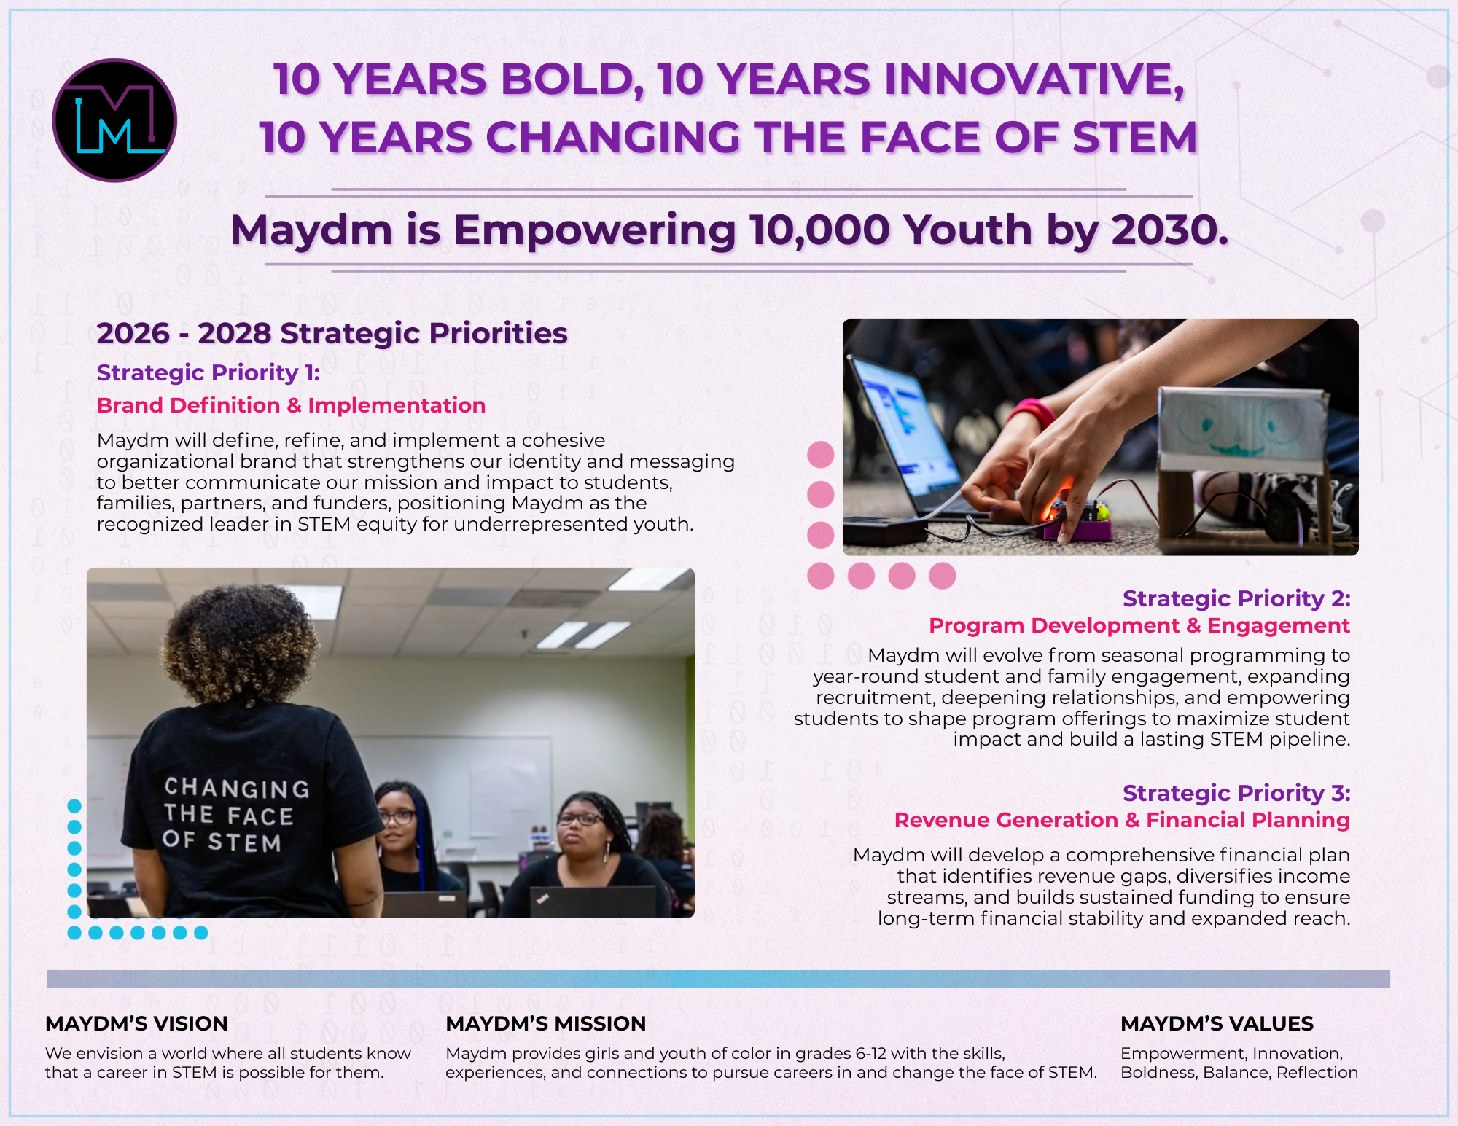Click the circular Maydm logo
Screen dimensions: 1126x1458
[114, 120]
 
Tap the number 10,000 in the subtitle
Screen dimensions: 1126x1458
[819, 230]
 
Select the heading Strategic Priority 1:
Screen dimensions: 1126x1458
[208, 372]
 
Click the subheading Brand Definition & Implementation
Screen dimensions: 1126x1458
[291, 405]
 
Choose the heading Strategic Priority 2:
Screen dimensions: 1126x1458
[1236, 598]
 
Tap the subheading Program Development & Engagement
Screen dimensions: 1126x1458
[1139, 625]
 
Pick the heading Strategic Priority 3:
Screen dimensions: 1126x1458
[1236, 793]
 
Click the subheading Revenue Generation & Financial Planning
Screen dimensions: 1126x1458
[1122, 820]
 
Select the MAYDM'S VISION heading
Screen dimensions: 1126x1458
[136, 1023]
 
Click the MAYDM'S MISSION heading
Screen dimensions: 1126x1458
[545, 1023]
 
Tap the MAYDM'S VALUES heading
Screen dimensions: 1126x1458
[1217, 1023]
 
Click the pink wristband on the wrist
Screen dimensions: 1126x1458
[1032, 412]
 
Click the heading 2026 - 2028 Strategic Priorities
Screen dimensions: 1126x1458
[332, 333]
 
